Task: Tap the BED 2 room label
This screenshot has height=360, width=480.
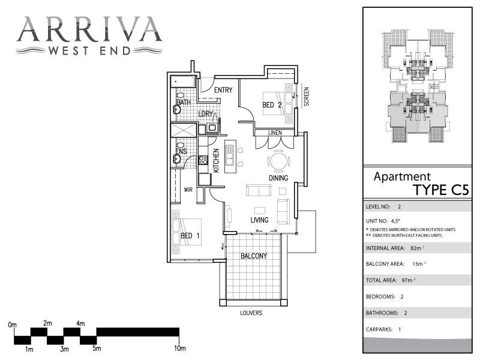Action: pos(272,105)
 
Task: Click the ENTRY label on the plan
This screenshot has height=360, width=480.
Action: pos(223,91)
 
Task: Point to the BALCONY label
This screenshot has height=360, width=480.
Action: pos(254,256)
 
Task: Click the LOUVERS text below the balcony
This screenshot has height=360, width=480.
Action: pos(251,313)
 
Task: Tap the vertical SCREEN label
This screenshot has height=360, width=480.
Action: pos(306,97)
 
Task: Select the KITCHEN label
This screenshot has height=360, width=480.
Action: pos(216,160)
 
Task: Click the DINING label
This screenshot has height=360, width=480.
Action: pos(278,178)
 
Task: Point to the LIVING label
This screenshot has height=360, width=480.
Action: pos(259,220)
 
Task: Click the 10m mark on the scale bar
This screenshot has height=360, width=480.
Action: pos(179,348)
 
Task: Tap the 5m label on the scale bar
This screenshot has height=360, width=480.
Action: pos(95,348)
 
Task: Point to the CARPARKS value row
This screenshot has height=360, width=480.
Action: pos(384,329)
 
